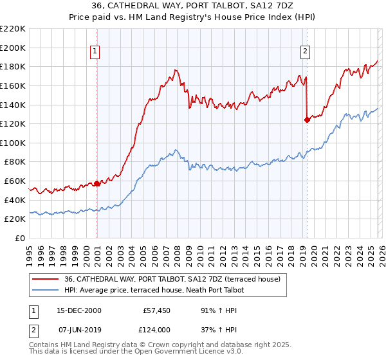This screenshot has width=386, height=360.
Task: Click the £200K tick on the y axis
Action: point(13,48)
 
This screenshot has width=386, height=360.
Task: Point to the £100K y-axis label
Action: point(13,143)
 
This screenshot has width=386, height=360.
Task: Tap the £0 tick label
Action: point(21,238)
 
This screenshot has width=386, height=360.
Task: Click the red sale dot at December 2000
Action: point(97,183)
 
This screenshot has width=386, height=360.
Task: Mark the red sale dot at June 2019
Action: point(306,120)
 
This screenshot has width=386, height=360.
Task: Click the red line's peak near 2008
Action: point(175,69)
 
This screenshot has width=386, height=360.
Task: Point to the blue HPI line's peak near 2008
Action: point(176,150)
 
